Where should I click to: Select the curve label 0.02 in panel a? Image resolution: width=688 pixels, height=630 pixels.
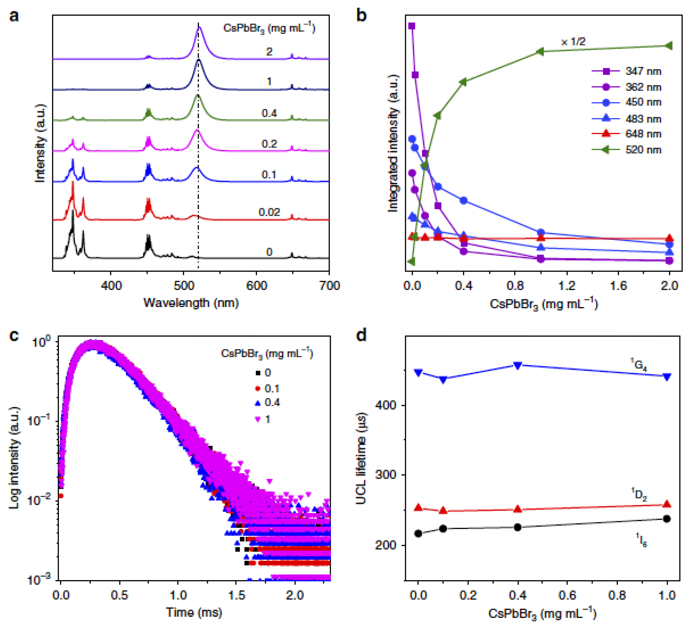[x=269, y=212]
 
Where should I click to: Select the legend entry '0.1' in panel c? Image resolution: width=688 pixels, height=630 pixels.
[x=268, y=389]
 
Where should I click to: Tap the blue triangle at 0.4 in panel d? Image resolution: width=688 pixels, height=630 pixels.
[x=518, y=365]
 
